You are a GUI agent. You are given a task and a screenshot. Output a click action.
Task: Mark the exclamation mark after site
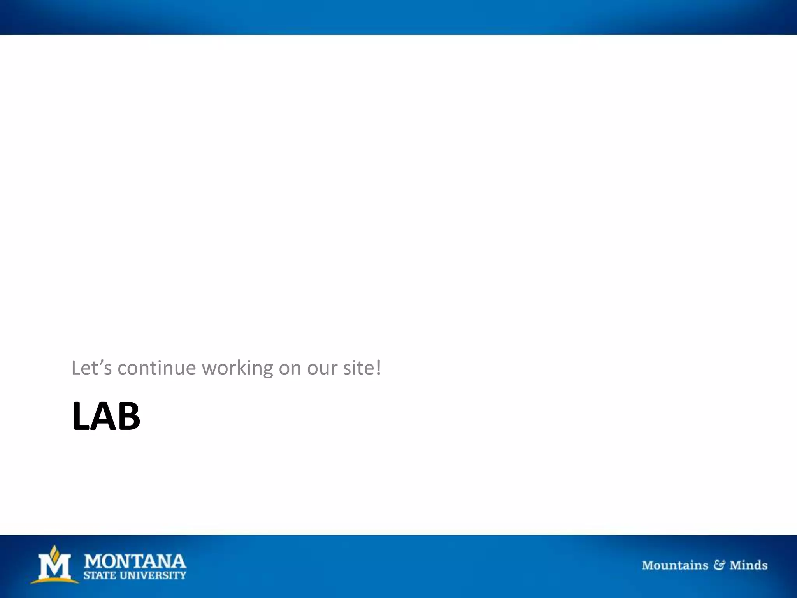pos(379,367)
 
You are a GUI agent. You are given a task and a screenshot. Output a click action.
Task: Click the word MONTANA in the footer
pos(135,561)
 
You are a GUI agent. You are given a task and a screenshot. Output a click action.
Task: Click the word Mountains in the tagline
pos(675,565)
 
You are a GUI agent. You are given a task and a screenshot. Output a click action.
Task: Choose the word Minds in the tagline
pos(748,565)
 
